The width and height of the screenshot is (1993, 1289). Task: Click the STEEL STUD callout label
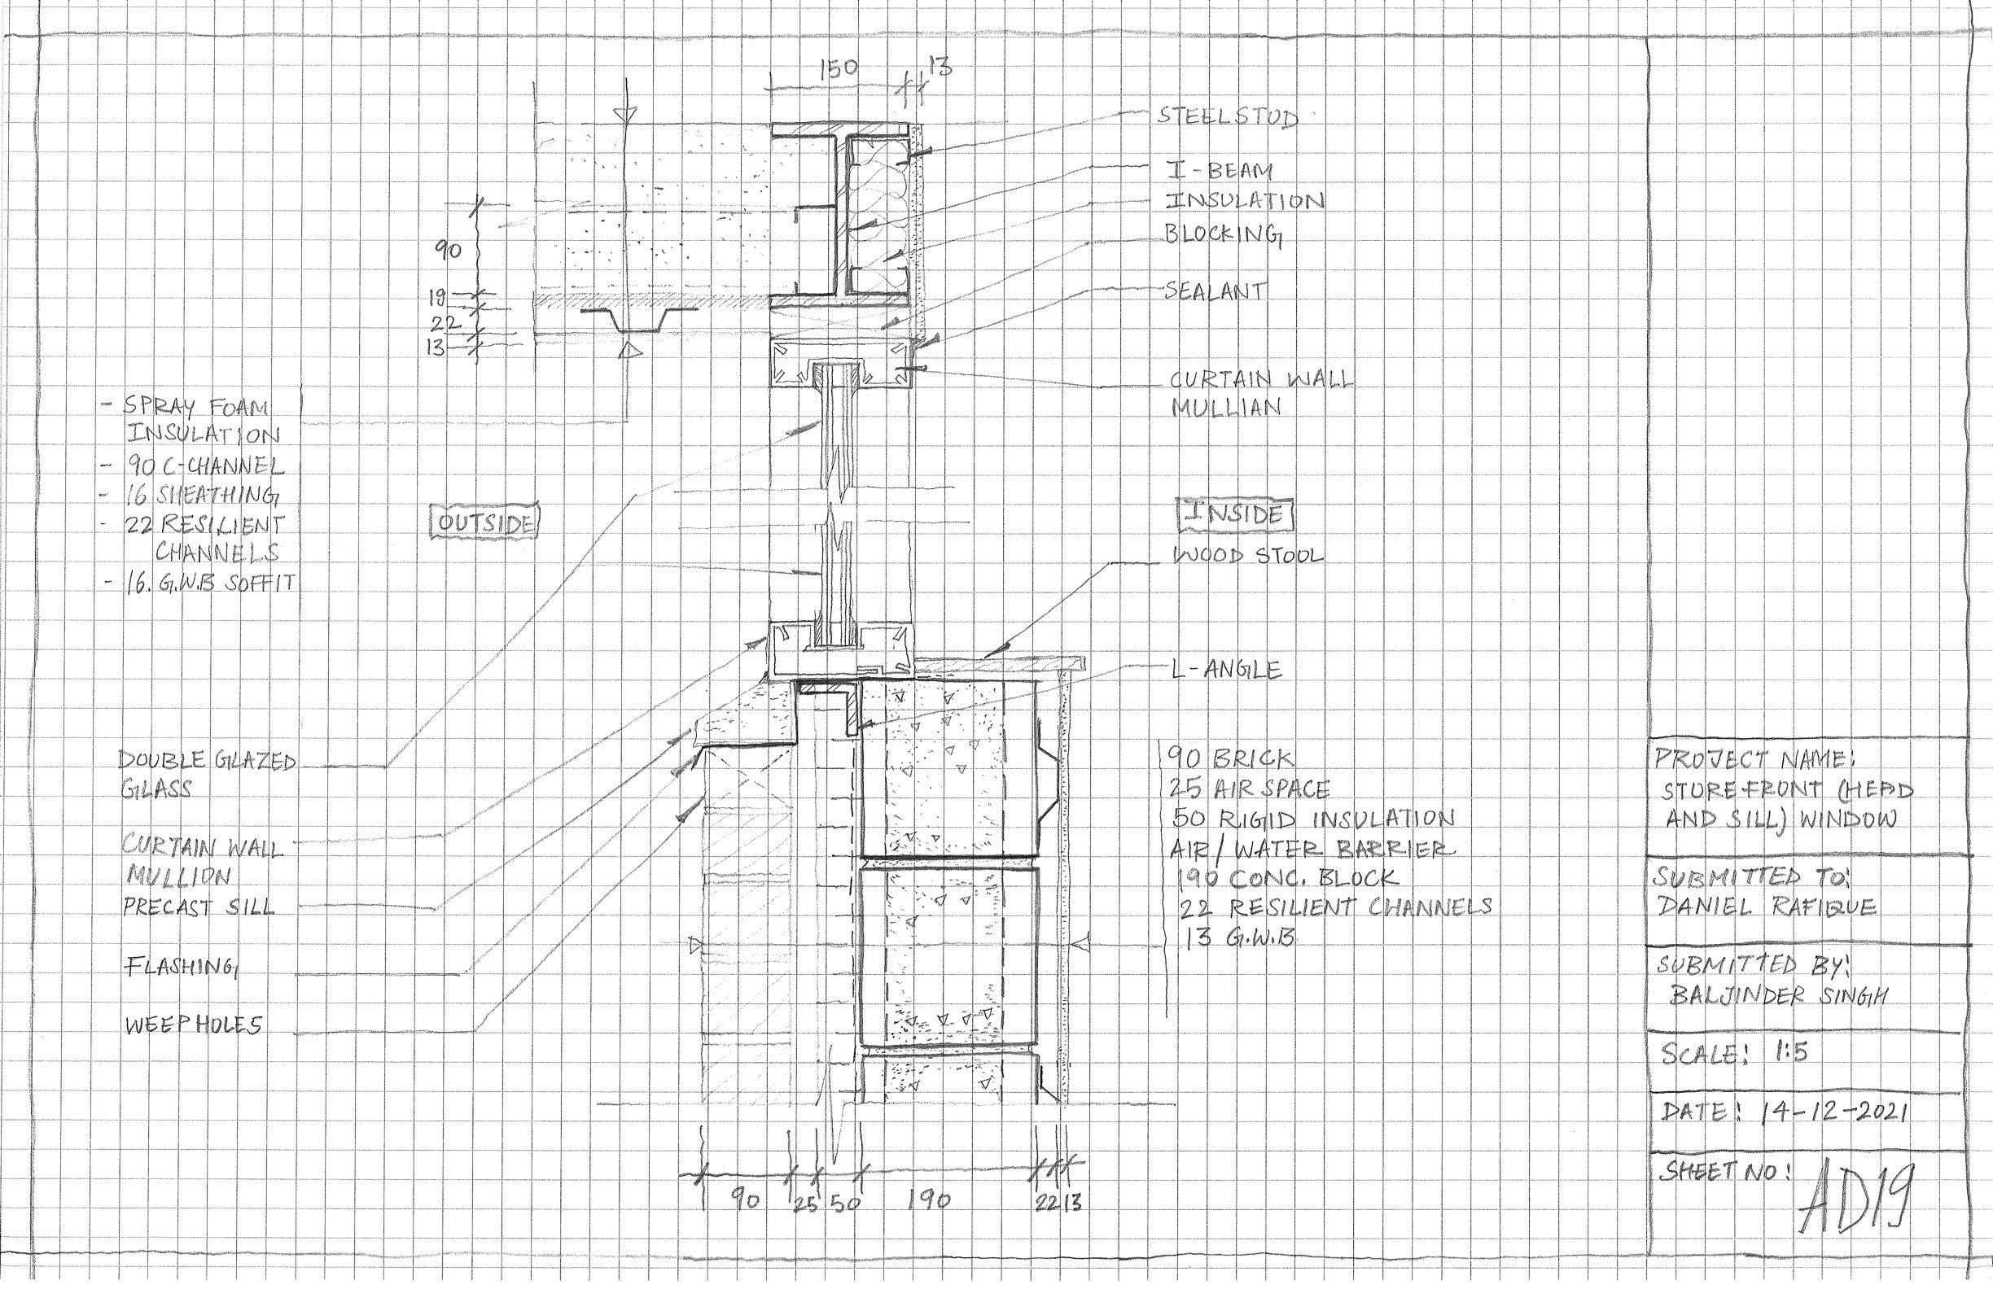click(1228, 116)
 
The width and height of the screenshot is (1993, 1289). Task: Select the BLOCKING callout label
click(1224, 235)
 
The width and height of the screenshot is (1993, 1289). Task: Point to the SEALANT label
click(1215, 291)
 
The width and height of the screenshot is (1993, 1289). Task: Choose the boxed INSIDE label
click(1235, 515)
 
